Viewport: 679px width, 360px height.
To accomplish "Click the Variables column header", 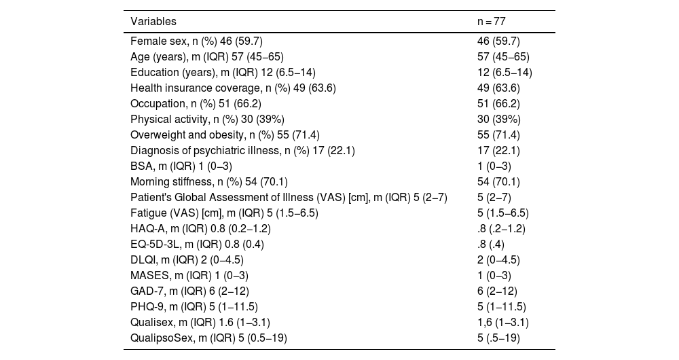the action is pyautogui.click(x=153, y=21).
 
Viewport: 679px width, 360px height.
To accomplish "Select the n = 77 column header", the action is pyautogui.click(x=491, y=21).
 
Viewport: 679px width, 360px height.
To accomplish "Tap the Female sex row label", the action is pyautogui.click(x=196, y=41).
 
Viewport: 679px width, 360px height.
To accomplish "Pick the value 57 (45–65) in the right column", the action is pyautogui.click(x=503, y=57).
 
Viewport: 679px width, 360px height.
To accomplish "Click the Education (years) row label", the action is pyautogui.click(x=223, y=73).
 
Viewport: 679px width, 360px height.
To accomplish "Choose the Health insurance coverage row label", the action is pyautogui.click(x=233, y=88).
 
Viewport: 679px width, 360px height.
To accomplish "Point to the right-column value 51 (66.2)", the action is pyautogui.click(x=498, y=103).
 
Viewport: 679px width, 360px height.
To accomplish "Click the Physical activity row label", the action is pyautogui.click(x=207, y=119).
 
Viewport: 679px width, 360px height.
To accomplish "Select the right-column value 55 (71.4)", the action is pyautogui.click(x=498, y=134).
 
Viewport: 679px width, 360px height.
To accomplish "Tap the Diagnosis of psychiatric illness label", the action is pyautogui.click(x=242, y=150).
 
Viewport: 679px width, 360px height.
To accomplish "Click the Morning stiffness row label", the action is pyautogui.click(x=208, y=181).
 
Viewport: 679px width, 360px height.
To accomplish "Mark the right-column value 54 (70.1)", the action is pyautogui.click(x=498, y=181).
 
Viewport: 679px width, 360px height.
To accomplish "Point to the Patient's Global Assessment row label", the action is pyautogui.click(x=289, y=197).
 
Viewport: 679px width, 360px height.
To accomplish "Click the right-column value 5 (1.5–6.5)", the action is pyautogui.click(x=502, y=213).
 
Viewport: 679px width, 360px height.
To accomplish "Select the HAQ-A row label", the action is pyautogui.click(x=200, y=228).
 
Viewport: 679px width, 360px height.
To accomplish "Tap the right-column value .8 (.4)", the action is pyautogui.click(x=491, y=244).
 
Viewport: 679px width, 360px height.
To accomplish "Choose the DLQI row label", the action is pyautogui.click(x=187, y=259).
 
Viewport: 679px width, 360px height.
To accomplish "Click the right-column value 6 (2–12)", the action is pyautogui.click(x=497, y=291).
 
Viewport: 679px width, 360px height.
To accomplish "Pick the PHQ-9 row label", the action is pyautogui.click(x=194, y=306).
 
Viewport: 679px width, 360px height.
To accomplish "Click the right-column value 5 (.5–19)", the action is pyautogui.click(x=498, y=338).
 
